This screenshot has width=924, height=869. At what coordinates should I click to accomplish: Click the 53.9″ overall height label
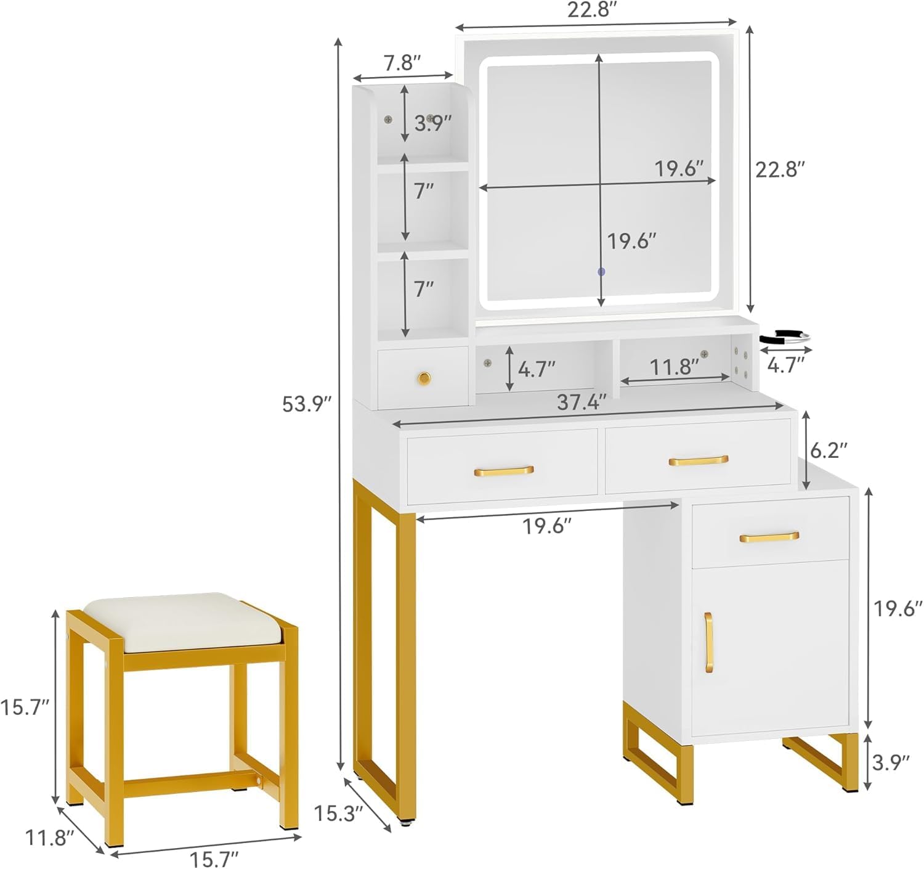coord(307,404)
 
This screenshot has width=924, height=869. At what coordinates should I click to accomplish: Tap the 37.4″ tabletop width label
coord(582,402)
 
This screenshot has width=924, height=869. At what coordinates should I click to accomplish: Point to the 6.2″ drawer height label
coord(829,451)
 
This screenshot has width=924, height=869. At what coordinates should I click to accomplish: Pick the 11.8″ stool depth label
coord(49,838)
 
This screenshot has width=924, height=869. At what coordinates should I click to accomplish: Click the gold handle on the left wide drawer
coord(504,471)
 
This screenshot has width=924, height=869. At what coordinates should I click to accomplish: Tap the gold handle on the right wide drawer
coord(699,460)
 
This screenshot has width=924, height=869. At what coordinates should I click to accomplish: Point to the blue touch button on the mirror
coord(602,272)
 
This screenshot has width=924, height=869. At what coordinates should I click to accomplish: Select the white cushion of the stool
coord(184,622)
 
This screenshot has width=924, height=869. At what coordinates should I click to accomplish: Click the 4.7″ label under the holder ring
coord(786,365)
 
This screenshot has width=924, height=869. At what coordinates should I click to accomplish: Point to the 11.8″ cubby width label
coord(675,367)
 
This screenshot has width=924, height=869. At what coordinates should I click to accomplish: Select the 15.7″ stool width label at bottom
coord(214,859)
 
